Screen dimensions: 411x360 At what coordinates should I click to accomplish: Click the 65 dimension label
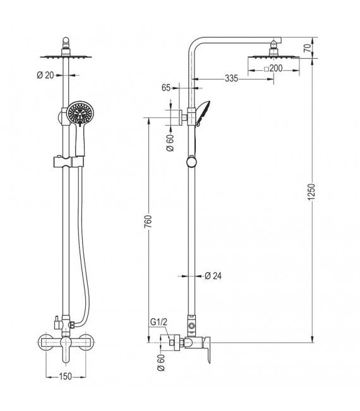[167, 88]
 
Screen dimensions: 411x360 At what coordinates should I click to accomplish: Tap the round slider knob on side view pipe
[190, 163]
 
